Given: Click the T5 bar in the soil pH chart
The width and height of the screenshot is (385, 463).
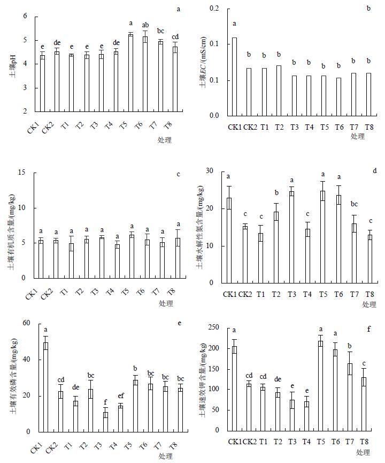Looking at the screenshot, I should coord(130,73).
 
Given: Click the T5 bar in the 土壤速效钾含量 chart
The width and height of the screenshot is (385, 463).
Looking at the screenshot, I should coord(321,386).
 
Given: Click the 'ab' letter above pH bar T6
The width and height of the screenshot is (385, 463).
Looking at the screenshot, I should coord(145,25).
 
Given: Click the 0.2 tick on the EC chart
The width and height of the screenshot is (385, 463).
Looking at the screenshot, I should coord(214,9).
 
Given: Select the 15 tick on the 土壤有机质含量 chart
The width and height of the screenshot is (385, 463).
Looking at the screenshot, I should coord(22,173).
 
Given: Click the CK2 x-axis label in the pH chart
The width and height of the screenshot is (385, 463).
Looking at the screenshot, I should coord(48,129).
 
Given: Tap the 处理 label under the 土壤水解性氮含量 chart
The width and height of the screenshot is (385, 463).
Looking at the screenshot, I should coord(369,304).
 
